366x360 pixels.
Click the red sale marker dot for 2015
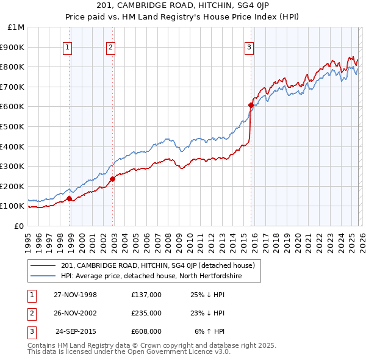coord(251,105)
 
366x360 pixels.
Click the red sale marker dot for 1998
coord(70,198)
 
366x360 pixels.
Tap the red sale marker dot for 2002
coord(113,179)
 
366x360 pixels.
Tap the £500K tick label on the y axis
coord(12,126)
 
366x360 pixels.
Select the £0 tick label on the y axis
coord(18,226)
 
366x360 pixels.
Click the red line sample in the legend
coord(43,265)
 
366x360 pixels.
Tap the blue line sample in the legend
coord(43,276)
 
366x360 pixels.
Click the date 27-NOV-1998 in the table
coord(75,295)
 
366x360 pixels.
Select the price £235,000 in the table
coord(146,313)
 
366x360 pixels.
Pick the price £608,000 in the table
coord(146,331)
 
